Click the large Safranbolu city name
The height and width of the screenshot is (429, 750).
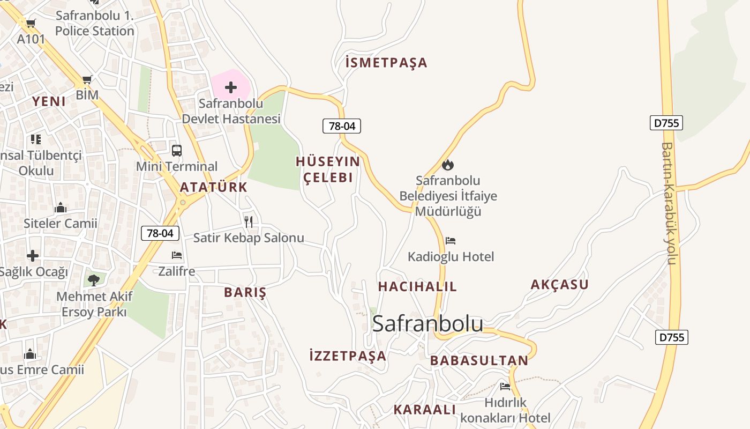pyautogui.click(x=427, y=323)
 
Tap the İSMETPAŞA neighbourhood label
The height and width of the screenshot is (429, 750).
pyautogui.click(x=386, y=63)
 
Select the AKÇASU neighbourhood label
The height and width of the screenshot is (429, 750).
pyautogui.click(x=559, y=285)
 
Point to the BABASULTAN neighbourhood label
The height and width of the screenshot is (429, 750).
pyautogui.click(x=479, y=360)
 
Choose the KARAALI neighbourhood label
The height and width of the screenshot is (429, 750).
pyautogui.click(x=424, y=410)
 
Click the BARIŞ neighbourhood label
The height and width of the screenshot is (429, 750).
pyautogui.click(x=245, y=292)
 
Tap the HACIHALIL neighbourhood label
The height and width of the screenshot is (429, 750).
pyautogui.click(x=417, y=286)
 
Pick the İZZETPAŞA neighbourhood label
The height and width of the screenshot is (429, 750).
pyautogui.click(x=348, y=356)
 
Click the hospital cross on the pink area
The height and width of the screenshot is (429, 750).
pyautogui.click(x=231, y=87)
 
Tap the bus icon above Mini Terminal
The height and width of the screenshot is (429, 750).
pyautogui.click(x=176, y=151)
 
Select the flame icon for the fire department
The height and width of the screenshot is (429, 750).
pyautogui.click(x=448, y=165)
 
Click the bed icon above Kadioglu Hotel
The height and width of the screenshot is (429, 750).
pyautogui.click(x=451, y=241)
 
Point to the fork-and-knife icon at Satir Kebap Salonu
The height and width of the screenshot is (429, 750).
pyautogui.click(x=249, y=221)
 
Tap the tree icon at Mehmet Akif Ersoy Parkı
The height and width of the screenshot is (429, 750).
pyautogui.click(x=94, y=279)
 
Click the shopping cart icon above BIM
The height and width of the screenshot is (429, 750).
pyautogui.click(x=87, y=80)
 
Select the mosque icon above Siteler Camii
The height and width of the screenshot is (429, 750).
pyautogui.click(x=60, y=207)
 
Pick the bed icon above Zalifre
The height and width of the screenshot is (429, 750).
pyautogui.click(x=177, y=255)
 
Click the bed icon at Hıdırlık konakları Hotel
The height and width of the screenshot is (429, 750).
pyautogui.click(x=505, y=386)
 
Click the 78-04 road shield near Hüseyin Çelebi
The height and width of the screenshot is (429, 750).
pyautogui.click(x=342, y=126)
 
